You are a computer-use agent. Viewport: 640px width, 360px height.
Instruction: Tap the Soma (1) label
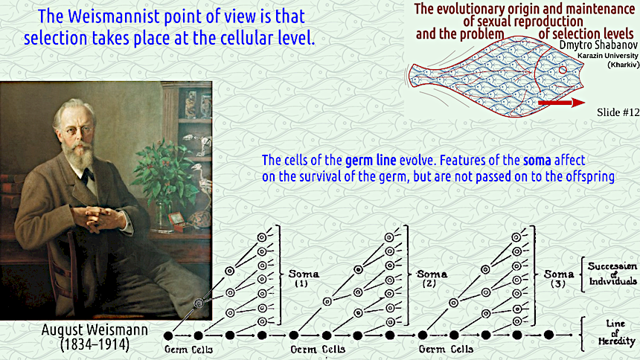tap(304, 278)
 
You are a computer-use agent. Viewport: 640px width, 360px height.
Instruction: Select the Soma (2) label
tap(432, 278)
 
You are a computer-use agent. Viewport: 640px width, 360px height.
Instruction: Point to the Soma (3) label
tap(558, 278)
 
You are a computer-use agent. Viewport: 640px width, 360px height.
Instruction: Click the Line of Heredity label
tap(616, 332)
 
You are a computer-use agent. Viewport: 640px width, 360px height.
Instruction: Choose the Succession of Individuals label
tap(612, 274)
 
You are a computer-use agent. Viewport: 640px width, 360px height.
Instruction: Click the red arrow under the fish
tap(562, 103)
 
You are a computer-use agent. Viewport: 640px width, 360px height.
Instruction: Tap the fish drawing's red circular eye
tap(563, 70)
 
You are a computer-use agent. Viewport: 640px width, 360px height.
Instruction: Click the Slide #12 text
tap(618, 112)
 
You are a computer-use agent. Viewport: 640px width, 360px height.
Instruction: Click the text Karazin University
tap(608, 56)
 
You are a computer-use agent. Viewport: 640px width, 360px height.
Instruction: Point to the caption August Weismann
tap(95, 330)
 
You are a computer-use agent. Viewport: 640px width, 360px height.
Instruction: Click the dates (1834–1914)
tap(95, 344)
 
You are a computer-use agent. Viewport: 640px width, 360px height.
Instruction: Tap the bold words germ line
tap(371, 160)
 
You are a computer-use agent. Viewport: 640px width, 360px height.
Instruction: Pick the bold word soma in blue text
tap(537, 161)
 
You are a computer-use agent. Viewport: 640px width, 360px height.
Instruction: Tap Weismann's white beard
tap(79, 154)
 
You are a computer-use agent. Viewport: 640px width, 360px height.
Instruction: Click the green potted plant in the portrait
tap(167, 171)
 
